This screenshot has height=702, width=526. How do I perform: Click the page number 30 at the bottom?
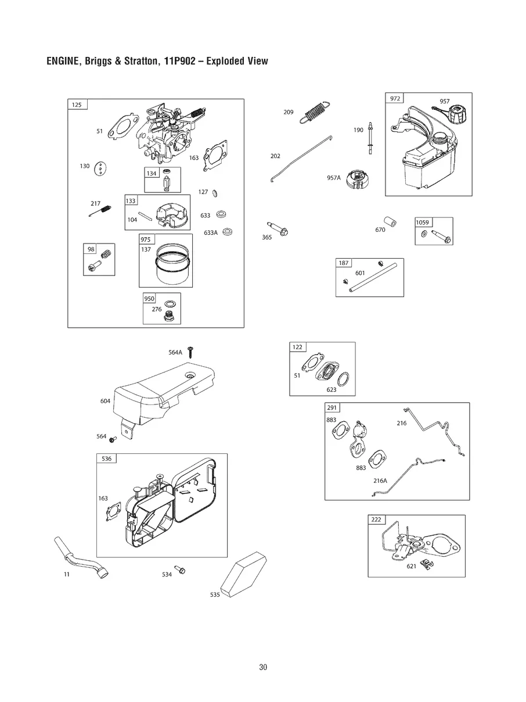(x=263, y=667)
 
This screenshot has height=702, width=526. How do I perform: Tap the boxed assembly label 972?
(x=395, y=98)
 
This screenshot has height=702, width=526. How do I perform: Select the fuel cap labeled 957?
(x=456, y=115)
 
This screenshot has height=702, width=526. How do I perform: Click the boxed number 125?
(x=77, y=105)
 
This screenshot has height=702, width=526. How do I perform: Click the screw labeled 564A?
(x=190, y=352)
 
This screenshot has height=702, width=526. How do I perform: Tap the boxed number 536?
(x=106, y=459)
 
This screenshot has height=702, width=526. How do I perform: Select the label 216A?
(x=380, y=481)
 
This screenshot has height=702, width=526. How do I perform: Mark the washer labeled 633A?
(x=227, y=232)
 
